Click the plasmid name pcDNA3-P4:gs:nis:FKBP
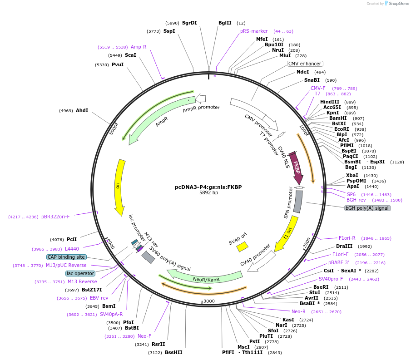pyautogui.click(x=208, y=187)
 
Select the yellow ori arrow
pyautogui.click(x=120, y=186)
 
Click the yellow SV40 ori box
pyautogui.click(x=242, y=247)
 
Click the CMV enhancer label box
pyautogui.click(x=305, y=64)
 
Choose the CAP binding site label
pyautogui.click(x=66, y=257)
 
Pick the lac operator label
pyautogui.click(x=80, y=273)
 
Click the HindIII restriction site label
pyautogui.click(x=330, y=102)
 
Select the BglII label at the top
pyautogui.click(x=225, y=23)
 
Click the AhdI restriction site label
pyautogui.click(x=82, y=110)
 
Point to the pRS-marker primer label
pyautogui.click(x=254, y=31)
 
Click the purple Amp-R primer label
pyautogui.click(x=139, y=47)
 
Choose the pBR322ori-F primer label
pyautogui.click(x=55, y=217)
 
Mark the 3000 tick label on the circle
pyautogui.click(x=209, y=301)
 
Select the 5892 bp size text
pyautogui.click(x=208, y=192)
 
